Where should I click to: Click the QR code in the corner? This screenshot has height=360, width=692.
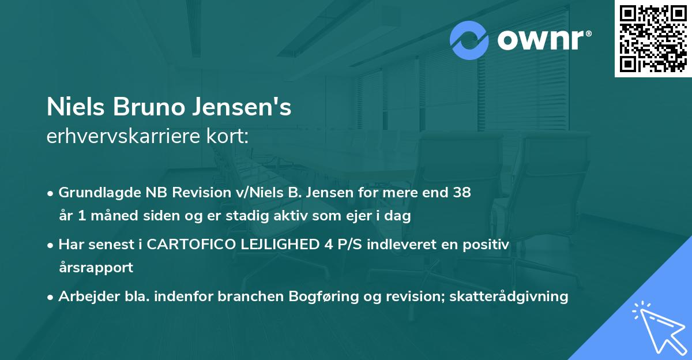point(653,38)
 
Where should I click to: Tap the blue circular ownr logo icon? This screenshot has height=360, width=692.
point(469,40)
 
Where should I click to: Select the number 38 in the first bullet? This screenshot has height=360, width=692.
point(462,193)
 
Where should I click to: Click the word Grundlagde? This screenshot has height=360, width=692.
point(96,193)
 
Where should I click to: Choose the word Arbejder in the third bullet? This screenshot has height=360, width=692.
point(85,297)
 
